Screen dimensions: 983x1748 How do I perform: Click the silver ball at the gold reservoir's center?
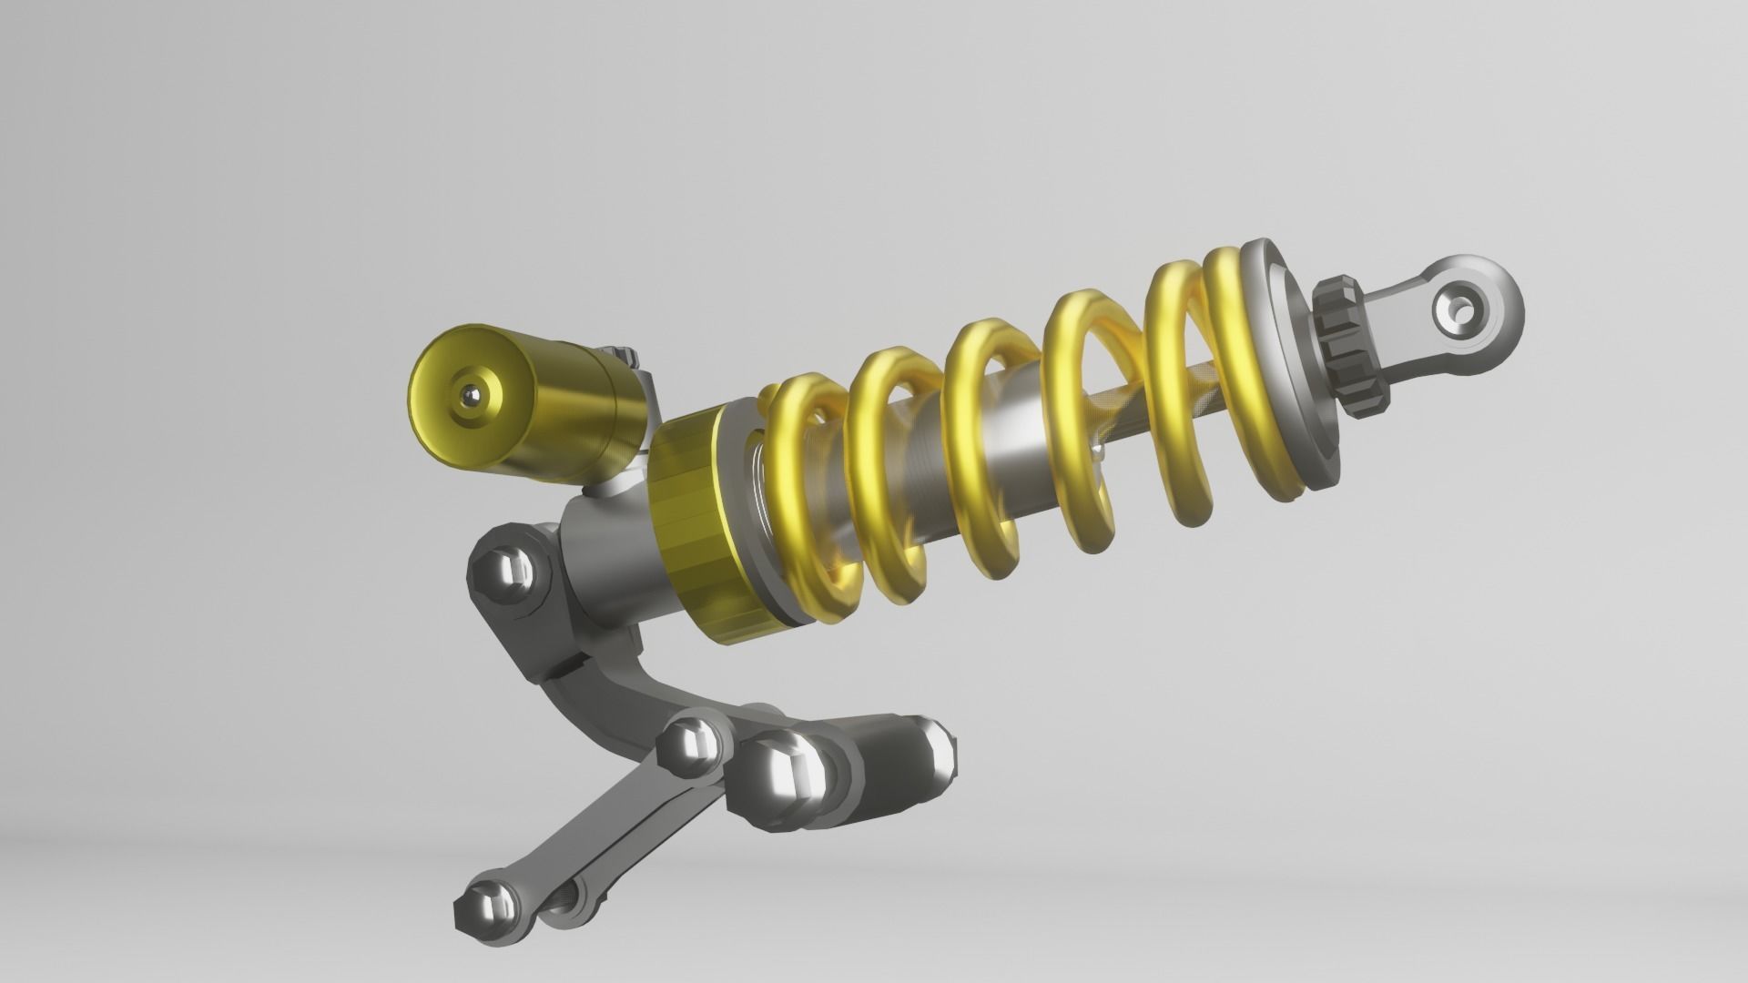point(473,395)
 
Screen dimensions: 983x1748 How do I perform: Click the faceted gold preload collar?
point(696,528)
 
